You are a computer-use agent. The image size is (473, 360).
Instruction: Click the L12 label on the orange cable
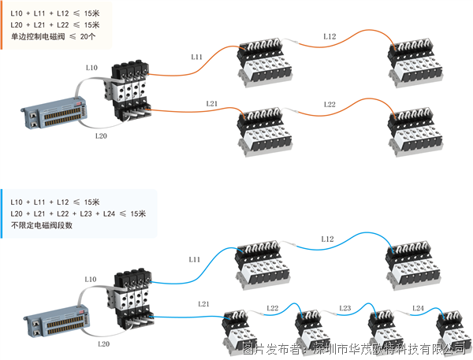click(x=329, y=36)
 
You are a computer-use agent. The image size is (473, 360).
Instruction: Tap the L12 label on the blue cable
click(x=328, y=239)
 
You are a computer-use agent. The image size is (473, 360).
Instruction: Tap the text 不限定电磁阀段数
click(x=42, y=225)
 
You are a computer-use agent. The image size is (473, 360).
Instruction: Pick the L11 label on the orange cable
click(x=197, y=57)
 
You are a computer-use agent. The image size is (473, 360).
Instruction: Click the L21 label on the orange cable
click(x=211, y=104)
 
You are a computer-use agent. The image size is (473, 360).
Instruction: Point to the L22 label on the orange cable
click(x=329, y=104)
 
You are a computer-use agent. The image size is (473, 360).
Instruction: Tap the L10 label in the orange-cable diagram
click(x=91, y=69)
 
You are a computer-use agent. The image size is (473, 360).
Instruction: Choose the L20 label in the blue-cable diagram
click(x=103, y=344)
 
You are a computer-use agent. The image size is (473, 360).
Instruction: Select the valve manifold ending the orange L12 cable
click(x=414, y=63)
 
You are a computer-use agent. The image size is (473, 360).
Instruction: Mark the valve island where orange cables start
click(x=130, y=92)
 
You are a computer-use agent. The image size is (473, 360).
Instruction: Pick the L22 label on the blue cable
click(x=273, y=307)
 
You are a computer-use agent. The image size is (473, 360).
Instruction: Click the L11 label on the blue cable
click(x=196, y=259)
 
